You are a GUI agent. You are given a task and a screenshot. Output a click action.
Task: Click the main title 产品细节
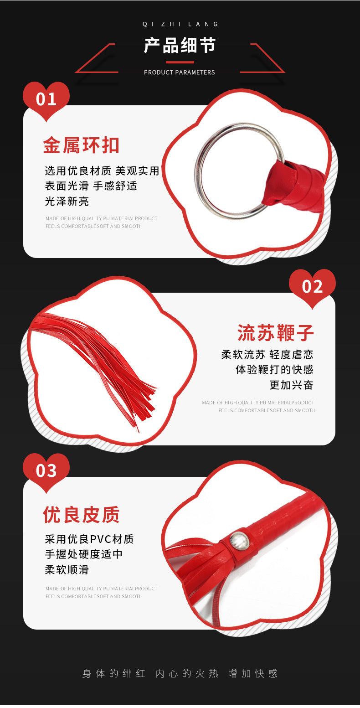tap(180, 46)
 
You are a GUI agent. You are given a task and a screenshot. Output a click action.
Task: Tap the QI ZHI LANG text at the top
tap(180, 24)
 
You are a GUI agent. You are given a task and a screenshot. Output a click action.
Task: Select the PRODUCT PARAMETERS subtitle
tap(179, 72)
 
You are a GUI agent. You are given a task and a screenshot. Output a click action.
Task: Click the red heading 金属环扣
tap(81, 145)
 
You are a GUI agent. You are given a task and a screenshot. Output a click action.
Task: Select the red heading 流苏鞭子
tap(276, 333)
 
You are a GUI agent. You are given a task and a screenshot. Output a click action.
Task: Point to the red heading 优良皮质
tap(81, 515)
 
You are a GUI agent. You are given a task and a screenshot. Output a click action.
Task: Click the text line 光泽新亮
tap(67, 202)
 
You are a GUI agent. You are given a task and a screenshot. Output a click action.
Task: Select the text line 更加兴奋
tap(291, 385)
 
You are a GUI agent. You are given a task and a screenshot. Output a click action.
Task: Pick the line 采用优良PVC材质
tap(89, 539)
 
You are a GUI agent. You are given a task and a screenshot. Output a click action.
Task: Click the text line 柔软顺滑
tap(67, 569)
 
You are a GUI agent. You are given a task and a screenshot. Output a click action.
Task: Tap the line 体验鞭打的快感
tap(274, 369)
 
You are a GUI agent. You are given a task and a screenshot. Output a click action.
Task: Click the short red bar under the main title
tap(180, 62)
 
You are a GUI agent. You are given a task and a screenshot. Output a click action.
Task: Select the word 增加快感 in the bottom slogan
tap(253, 673)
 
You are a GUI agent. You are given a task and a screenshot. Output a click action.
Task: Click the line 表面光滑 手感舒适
tap(91, 186)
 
